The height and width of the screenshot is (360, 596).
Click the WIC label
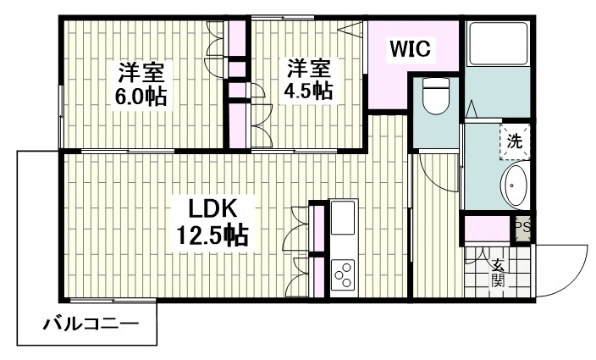(410, 48)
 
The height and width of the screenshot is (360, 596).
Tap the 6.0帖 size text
(141, 97)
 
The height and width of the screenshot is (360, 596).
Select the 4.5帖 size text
(309, 91)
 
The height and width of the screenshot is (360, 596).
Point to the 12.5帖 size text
(212, 235)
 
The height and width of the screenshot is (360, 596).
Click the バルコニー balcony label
(91, 324)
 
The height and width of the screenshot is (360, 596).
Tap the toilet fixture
(436, 97)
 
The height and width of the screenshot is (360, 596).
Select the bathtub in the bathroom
(498, 44)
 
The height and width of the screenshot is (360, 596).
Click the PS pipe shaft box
(523, 228)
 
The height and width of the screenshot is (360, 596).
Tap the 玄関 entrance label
(498, 272)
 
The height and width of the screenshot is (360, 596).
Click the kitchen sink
(343, 218)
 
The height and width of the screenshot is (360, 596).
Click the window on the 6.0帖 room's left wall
(61, 116)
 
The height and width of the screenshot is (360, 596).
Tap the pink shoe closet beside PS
(488, 229)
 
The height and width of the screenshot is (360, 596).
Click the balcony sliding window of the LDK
(113, 301)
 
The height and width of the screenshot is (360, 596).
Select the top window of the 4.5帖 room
(283, 18)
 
